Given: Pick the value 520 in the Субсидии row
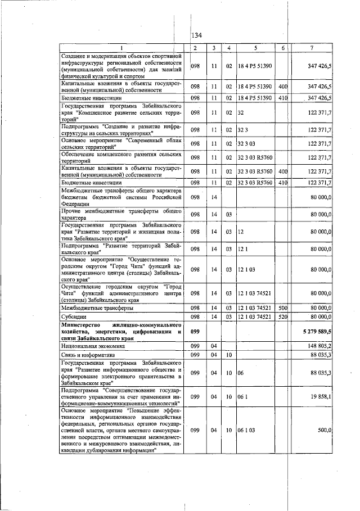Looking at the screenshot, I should tap(283, 317).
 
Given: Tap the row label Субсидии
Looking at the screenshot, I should tap(75, 317).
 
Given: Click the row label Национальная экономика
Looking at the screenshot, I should tap(94, 346).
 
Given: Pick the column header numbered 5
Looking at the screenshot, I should tap(255, 48).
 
